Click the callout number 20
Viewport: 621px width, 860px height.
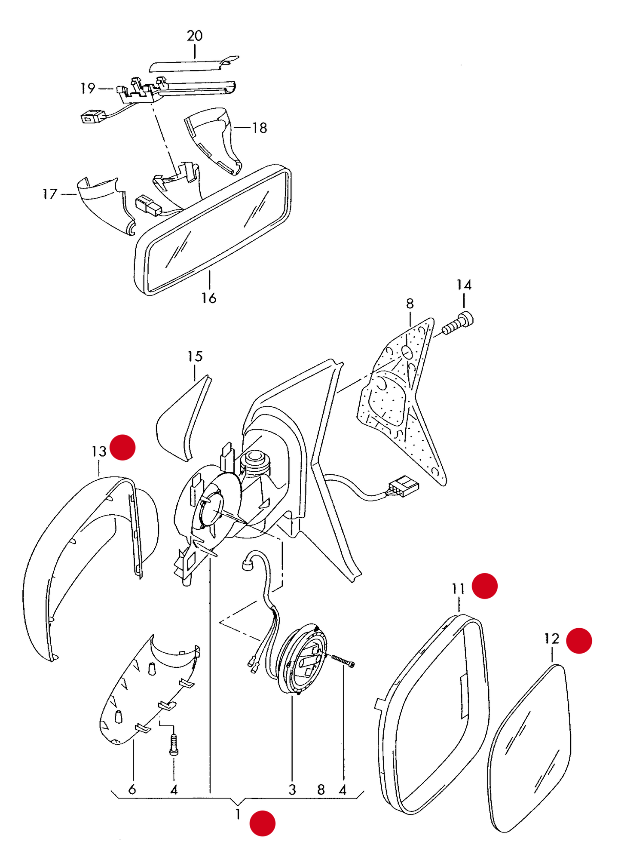pos(195,36)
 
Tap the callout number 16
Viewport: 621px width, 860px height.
pos(209,298)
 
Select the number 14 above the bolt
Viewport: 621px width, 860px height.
pos(464,285)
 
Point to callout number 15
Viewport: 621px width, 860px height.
pos(195,356)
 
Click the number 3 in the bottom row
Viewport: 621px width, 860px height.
pos(292,789)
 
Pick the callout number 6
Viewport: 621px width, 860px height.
pos(132,789)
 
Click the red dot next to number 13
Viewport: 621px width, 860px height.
pos(123,448)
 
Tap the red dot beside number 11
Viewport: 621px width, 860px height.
pos(485,586)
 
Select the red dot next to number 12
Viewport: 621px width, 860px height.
pos(579,641)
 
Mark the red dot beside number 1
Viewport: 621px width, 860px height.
pos(263,823)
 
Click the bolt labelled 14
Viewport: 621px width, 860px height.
pos(458,323)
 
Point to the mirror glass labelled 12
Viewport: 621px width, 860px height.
pos(530,748)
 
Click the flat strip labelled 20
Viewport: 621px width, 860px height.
pos(193,64)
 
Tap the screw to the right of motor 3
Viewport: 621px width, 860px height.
pos(343,660)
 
